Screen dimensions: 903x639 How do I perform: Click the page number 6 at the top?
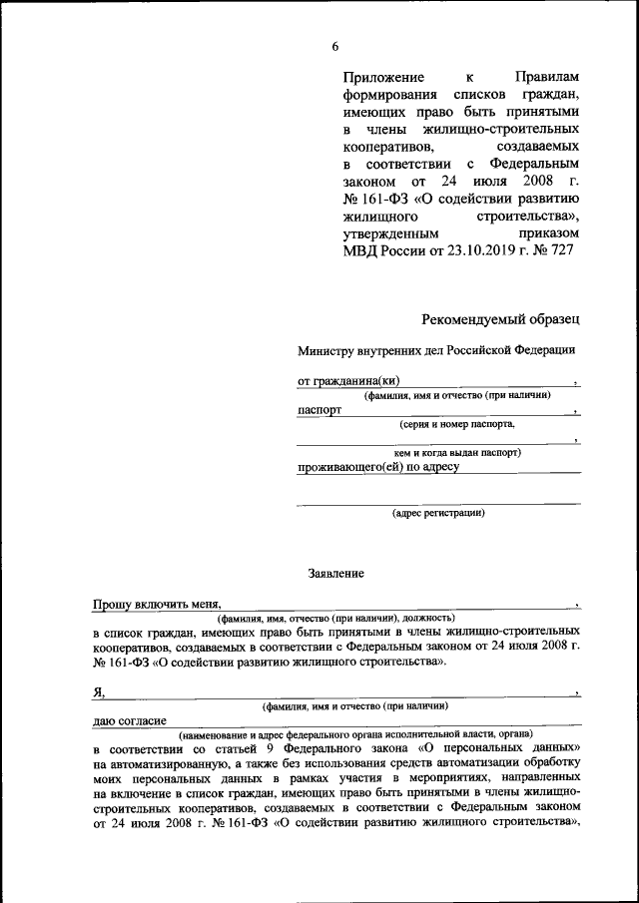(x=335, y=46)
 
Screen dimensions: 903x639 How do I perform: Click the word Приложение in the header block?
(x=383, y=78)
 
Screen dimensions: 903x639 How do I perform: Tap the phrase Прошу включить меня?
(x=156, y=605)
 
